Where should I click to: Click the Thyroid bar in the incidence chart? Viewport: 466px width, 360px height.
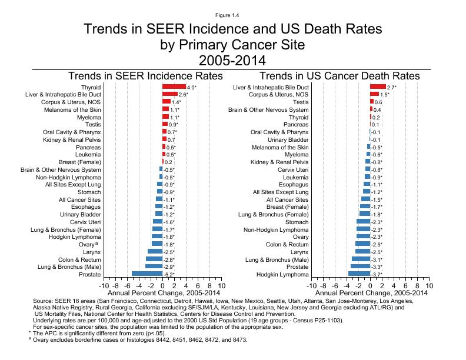[174, 87]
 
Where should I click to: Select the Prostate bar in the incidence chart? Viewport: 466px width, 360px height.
[147, 274]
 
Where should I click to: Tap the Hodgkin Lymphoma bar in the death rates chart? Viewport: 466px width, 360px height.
[359, 274]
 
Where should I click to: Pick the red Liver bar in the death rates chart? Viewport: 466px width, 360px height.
[378, 87]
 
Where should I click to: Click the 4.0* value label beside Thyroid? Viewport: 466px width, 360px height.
[192, 87]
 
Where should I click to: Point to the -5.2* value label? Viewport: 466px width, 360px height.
[169, 274]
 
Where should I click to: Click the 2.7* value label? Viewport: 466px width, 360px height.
[392, 87]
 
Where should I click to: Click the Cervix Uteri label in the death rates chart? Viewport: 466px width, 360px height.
[293, 169]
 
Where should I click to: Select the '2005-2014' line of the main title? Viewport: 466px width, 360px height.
[233, 60]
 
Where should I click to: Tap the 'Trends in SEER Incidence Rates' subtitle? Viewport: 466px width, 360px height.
[146, 76]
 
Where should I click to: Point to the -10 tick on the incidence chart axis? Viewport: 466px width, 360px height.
[104, 285]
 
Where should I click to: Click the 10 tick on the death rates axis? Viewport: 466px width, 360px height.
[429, 285]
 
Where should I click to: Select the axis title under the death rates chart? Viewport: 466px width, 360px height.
[370, 292]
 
